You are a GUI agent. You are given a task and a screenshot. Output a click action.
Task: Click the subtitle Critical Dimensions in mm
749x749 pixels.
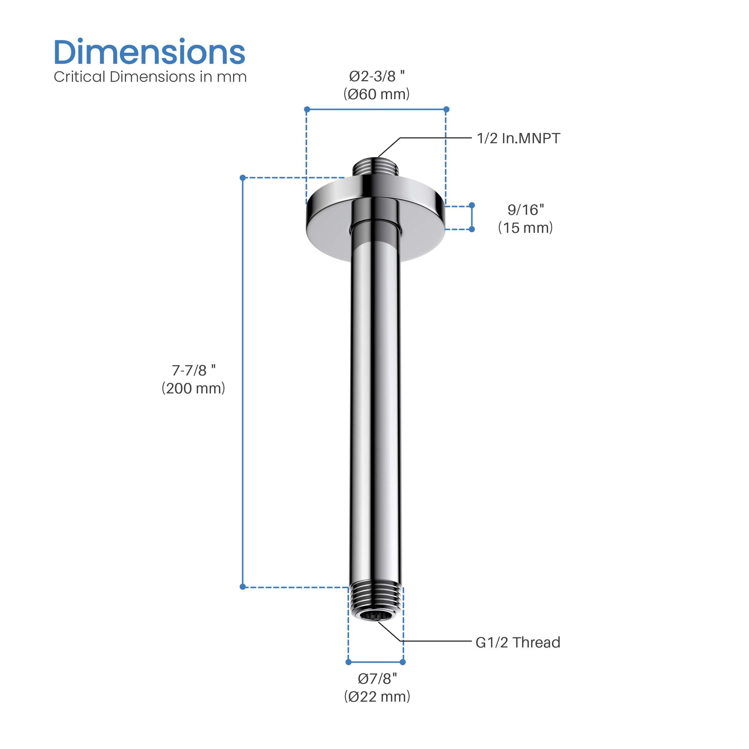[x=150, y=77]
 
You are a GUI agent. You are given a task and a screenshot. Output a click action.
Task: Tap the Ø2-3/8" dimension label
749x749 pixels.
[x=377, y=76]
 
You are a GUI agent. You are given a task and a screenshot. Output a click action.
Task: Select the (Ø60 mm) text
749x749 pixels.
[x=377, y=94]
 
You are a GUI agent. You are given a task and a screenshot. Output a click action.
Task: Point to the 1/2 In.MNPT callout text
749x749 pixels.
[x=518, y=138]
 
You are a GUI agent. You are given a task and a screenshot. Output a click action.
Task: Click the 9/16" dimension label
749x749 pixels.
[x=526, y=210]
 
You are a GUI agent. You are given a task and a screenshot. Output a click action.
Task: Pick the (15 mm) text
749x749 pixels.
[x=526, y=228]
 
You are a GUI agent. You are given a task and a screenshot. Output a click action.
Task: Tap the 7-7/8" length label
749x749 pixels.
[x=193, y=370]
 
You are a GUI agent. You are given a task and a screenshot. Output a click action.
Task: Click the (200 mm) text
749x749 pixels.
[x=193, y=388]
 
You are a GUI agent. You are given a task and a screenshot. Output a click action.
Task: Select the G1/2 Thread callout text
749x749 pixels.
[x=518, y=642]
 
